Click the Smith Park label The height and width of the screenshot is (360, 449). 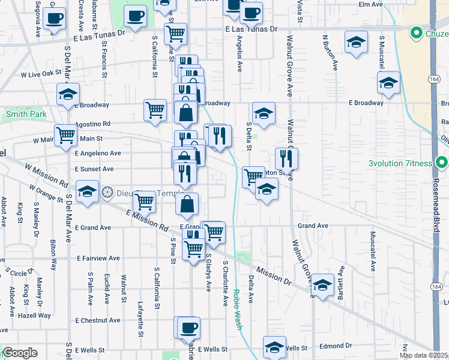pos(26,113)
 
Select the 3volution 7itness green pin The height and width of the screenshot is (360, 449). pos(442,163)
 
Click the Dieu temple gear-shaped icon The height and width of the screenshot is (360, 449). pos(107,193)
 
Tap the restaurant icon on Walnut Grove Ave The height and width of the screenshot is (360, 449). pos(287,159)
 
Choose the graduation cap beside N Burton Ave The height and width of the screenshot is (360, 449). pos(356,43)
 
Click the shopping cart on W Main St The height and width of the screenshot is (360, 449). pos(66,135)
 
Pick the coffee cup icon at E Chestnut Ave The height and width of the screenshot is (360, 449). pos(188,328)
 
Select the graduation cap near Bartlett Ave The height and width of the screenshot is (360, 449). pos(322,285)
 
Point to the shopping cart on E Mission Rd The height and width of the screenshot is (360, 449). pos(145,202)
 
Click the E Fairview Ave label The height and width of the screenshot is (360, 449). pos(98,258)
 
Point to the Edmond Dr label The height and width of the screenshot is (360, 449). pos(336,346)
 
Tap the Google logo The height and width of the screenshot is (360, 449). pos(20,353)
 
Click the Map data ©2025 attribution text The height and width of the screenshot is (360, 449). pos(423,355)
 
